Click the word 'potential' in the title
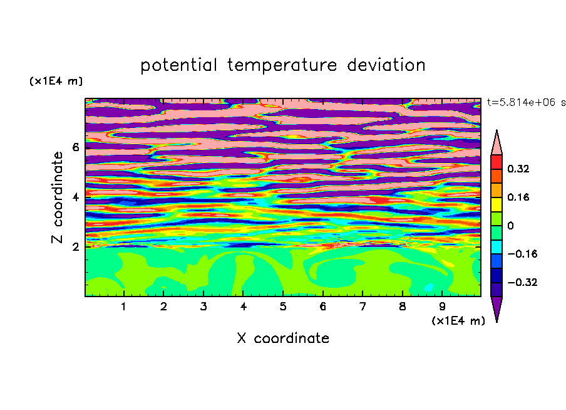[x=178, y=66]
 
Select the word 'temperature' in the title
[x=282, y=66]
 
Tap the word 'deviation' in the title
[x=386, y=65]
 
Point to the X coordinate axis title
[x=283, y=338]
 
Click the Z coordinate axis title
[x=57, y=197]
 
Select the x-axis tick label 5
[x=283, y=307]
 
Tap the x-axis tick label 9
[x=442, y=307]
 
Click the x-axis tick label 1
[x=123, y=307]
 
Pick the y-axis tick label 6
[x=75, y=147]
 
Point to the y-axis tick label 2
[x=75, y=247]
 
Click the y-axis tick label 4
[x=75, y=197]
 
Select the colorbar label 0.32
[x=518, y=169]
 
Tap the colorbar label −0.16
[x=522, y=254]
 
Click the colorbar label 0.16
[x=518, y=197]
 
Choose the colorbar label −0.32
[x=522, y=282]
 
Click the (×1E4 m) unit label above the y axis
[x=56, y=81]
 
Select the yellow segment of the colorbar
[x=497, y=204]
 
